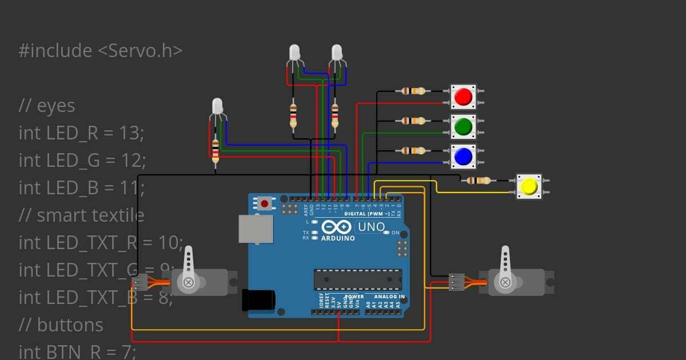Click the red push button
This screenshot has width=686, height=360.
(462, 97)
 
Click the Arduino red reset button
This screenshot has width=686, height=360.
(264, 203)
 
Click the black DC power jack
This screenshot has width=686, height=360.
(258, 300)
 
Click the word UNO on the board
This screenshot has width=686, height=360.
(372, 227)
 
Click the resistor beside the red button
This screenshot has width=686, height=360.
(413, 90)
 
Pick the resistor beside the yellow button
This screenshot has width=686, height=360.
(478, 181)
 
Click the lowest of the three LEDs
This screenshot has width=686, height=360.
(217, 106)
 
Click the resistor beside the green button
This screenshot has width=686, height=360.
(413, 121)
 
